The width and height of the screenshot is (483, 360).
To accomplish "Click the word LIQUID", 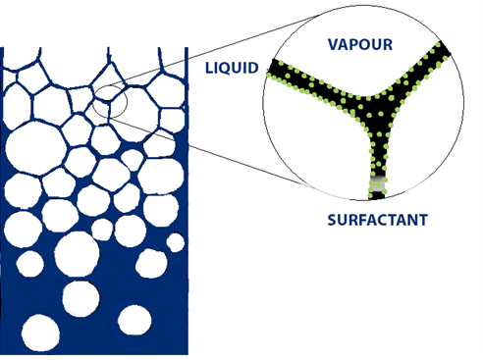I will [x=232, y=68].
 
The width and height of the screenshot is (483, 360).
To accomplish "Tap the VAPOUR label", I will [x=360, y=45].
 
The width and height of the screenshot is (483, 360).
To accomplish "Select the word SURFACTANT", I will [x=377, y=221].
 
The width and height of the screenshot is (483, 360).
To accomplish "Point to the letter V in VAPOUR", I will [x=333, y=45].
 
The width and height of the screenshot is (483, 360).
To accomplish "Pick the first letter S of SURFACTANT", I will [x=332, y=221].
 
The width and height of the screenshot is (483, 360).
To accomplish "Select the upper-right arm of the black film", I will [x=412, y=78].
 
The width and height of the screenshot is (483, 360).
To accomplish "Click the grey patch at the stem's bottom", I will [x=377, y=185].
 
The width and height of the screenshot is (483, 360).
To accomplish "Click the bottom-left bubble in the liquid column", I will [x=40, y=333].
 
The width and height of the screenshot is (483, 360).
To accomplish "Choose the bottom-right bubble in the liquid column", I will [x=134, y=320].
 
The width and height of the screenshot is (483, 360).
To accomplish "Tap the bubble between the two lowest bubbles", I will [x=80, y=298].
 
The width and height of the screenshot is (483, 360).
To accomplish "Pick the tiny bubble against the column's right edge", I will [x=175, y=242].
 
